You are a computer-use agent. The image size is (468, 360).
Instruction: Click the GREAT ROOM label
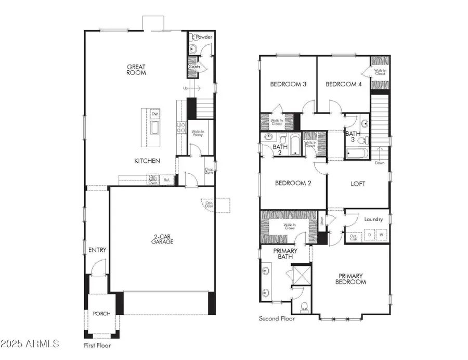pos(137,70)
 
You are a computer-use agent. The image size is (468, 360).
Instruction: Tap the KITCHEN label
pos(147,161)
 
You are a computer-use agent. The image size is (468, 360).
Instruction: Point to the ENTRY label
pos(97,250)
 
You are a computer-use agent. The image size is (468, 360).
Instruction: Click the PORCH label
pos(100,314)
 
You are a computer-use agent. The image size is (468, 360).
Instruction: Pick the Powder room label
pos(204,37)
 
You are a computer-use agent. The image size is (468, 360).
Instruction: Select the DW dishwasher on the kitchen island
pos(154,114)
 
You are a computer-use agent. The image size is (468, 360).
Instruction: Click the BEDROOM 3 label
pos(288,84)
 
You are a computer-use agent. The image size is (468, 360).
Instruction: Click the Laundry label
pos(373,220)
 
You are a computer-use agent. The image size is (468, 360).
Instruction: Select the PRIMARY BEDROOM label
pos(352,279)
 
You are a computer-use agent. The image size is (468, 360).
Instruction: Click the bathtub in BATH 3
pos(357,153)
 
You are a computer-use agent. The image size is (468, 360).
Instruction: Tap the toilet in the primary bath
pos(304,306)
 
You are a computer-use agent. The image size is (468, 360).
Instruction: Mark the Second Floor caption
pos(277,318)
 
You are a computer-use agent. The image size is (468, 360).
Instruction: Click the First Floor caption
pos(97,345)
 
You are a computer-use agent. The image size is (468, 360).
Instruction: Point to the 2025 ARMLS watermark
pos(30,344)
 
